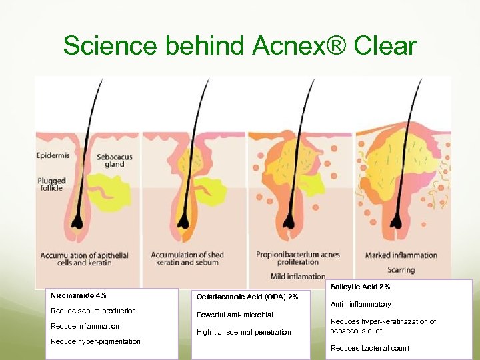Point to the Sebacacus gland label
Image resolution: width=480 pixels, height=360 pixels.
[114, 161]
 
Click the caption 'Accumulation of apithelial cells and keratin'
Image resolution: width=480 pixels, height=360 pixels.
[85, 259]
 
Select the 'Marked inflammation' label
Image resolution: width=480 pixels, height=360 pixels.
[401, 255]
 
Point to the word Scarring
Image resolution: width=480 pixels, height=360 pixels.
[401, 270]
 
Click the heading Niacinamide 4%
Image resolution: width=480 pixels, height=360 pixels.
[79, 295]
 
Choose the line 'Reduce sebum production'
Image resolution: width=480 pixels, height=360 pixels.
[93, 311]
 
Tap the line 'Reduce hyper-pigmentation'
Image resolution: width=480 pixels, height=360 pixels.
[96, 341]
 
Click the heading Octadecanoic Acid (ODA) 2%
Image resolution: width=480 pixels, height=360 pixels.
[247, 297]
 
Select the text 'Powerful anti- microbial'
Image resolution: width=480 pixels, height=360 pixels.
[235, 315]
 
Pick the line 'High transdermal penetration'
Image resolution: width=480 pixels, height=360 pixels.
[244, 332]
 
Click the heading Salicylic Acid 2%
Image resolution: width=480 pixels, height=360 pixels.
[361, 287]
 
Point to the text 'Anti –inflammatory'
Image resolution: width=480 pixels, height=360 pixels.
[361, 304]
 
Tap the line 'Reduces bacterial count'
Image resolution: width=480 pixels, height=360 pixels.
[370, 348]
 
